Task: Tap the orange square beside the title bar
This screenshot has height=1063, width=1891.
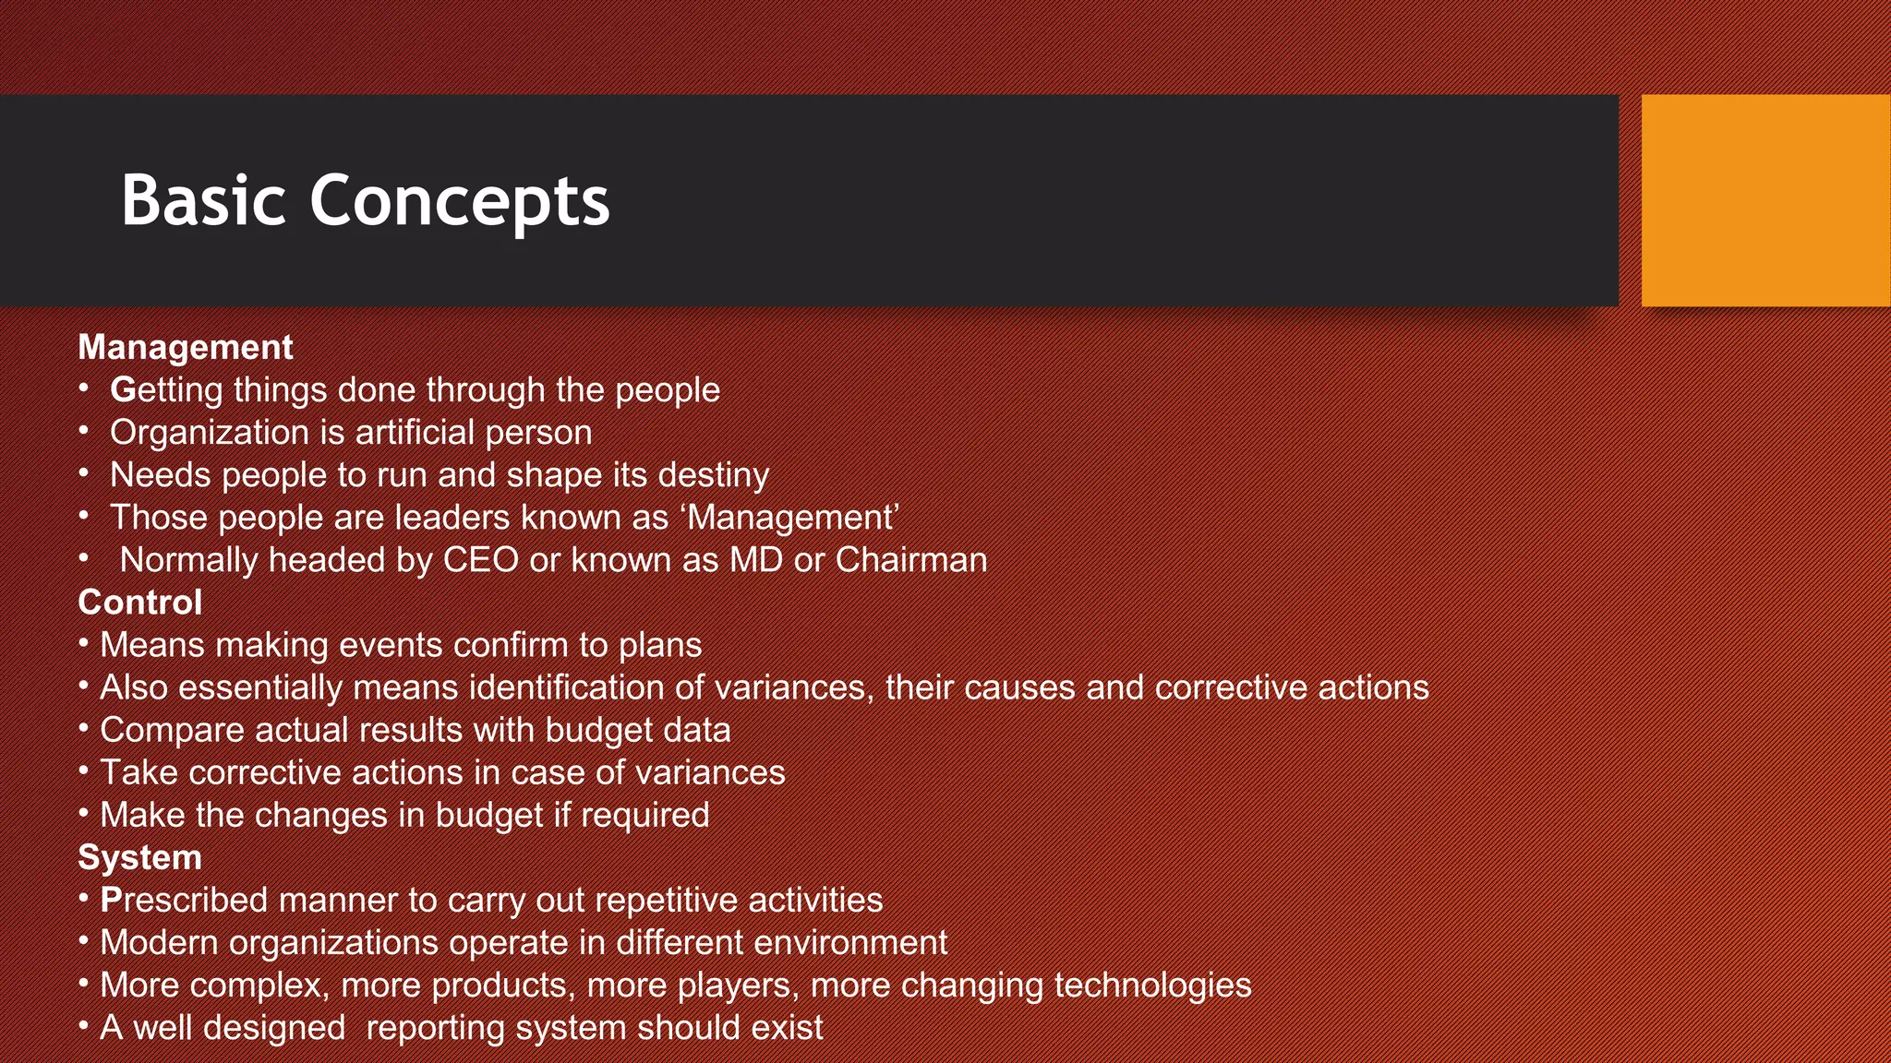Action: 1765,200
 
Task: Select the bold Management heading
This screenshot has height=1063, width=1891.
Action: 185,347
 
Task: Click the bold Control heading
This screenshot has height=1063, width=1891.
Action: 139,603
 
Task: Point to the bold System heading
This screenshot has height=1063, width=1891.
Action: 139,857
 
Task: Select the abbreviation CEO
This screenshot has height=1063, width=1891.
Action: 480,560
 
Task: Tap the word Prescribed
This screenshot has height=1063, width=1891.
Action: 184,900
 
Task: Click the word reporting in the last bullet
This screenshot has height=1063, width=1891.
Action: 435,1028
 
